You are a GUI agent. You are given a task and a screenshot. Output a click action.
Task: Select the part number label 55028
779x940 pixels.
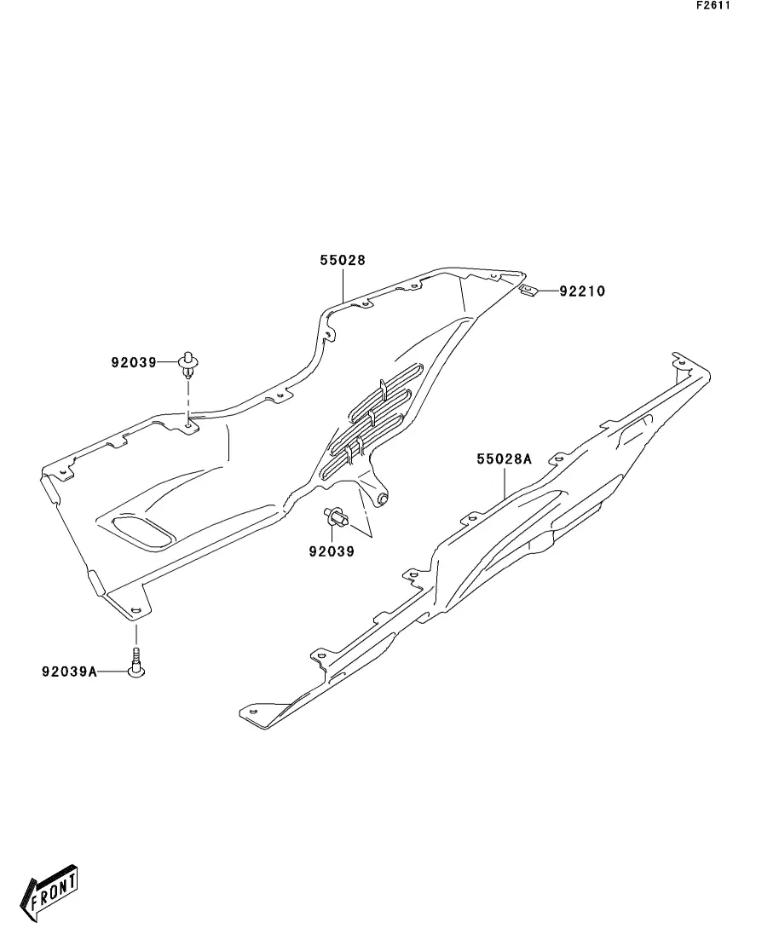(343, 261)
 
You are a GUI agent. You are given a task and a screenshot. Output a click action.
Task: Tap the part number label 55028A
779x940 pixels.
(504, 459)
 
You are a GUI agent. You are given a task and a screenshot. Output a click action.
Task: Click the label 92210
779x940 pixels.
(582, 291)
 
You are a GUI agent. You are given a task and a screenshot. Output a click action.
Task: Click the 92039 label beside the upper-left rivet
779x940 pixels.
(133, 362)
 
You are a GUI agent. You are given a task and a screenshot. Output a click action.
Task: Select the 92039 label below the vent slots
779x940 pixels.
(332, 551)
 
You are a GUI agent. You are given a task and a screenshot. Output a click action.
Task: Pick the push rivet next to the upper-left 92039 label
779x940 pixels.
(188, 365)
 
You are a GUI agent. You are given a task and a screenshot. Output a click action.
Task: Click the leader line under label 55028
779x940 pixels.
(343, 284)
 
